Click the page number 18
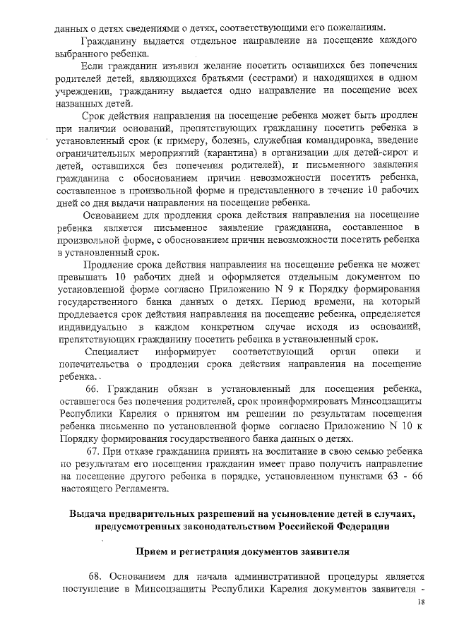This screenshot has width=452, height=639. point(422,602)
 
